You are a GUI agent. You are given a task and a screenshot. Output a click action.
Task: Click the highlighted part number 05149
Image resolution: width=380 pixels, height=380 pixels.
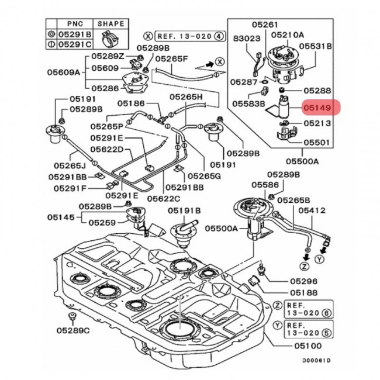[316, 108]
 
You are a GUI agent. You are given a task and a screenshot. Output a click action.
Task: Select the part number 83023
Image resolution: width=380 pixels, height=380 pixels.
[245, 37]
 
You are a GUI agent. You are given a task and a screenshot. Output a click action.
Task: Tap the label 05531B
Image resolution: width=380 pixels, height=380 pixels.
[316, 45]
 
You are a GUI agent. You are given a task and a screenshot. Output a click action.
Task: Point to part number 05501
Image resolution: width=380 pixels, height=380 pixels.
[316, 142]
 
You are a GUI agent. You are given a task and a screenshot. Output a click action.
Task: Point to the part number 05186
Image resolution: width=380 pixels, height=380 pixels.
[131, 103]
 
